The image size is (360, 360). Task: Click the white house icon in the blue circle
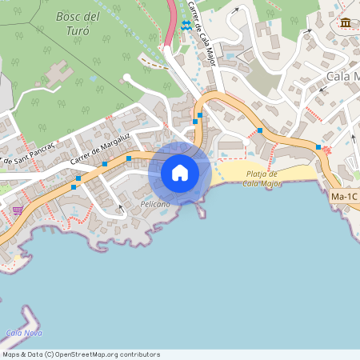(x=180, y=173)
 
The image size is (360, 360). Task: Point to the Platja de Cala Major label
(x=261, y=178)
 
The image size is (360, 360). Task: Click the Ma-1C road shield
(x=343, y=196)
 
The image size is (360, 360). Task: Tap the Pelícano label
(x=155, y=205)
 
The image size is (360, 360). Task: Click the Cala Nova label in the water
(x=23, y=333)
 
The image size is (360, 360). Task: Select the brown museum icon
(x=345, y=22)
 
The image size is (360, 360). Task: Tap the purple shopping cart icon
(x=18, y=210)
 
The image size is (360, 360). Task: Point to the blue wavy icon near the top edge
(x=186, y=25)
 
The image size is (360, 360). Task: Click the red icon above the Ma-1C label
(x=326, y=150)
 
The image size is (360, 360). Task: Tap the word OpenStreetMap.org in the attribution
(x=89, y=354)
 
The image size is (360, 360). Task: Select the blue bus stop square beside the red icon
(x=318, y=147)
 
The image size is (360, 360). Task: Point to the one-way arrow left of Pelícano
(x=120, y=207)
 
